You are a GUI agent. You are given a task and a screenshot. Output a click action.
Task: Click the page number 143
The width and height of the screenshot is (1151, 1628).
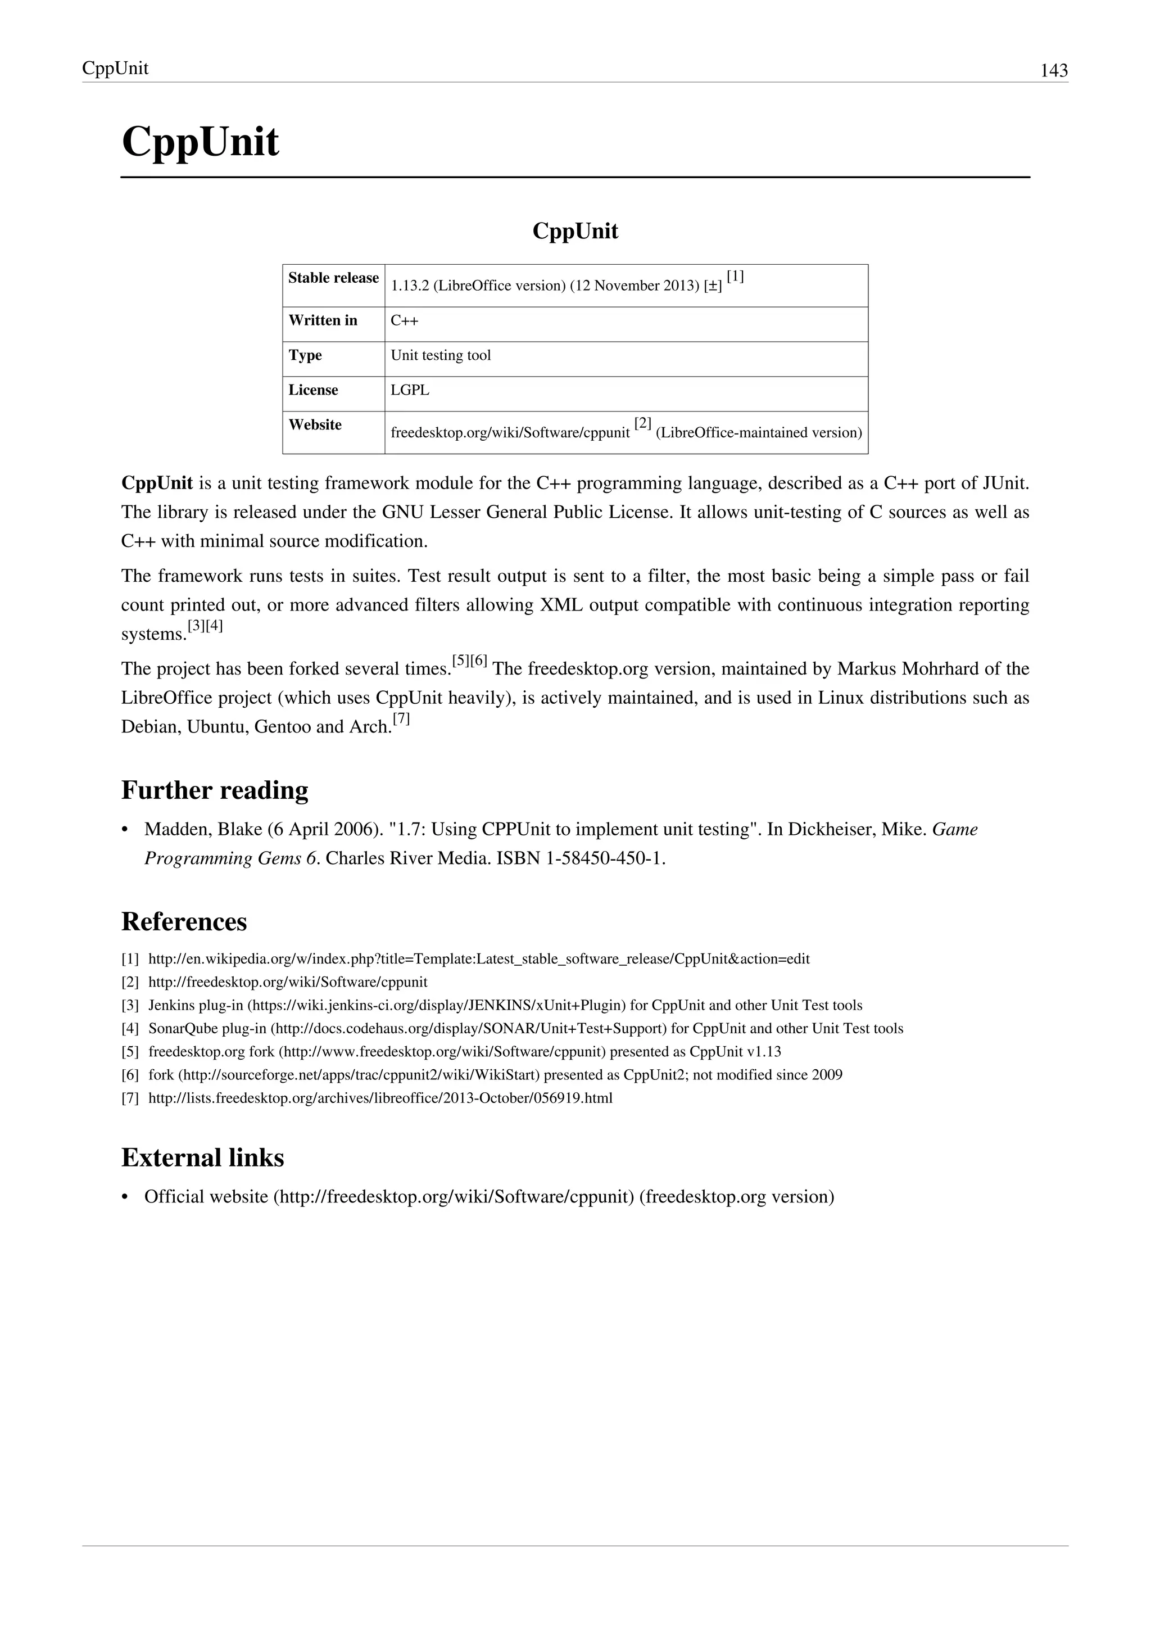1053,70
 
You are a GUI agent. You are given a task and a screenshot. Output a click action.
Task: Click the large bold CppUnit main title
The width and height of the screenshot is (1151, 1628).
201,142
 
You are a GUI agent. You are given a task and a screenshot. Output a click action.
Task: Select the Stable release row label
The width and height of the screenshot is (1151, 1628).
333,278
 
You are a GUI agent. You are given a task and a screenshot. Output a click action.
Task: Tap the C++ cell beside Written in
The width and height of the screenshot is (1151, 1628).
405,321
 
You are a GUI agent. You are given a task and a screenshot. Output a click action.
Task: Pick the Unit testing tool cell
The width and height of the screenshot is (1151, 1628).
441,356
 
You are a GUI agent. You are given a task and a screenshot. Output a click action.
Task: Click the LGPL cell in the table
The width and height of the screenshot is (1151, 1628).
410,391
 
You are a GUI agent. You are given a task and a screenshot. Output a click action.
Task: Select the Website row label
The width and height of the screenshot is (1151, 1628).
315,425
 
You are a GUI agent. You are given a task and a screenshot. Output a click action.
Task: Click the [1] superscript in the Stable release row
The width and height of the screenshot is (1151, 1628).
735,277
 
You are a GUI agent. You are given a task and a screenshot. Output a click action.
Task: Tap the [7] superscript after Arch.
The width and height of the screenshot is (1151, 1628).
401,719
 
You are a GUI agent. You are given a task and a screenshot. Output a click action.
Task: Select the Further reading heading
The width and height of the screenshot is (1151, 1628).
215,790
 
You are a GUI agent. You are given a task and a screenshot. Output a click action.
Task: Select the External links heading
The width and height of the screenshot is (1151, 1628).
203,1158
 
